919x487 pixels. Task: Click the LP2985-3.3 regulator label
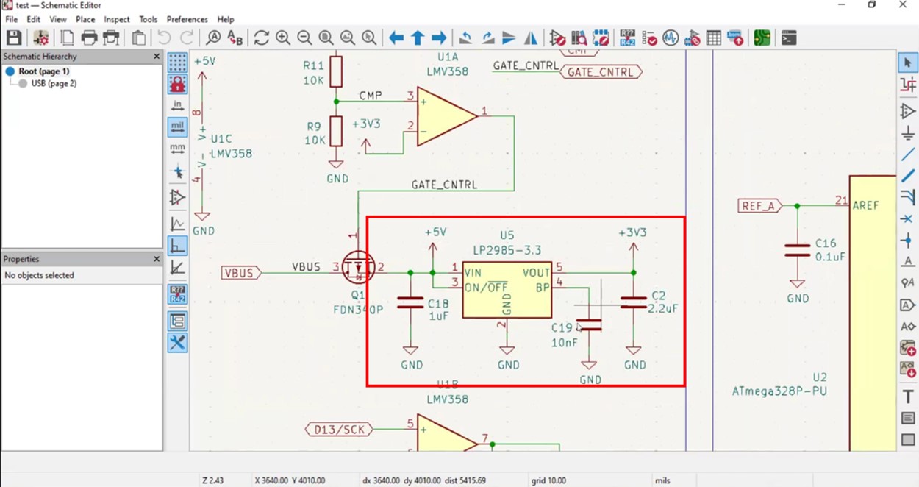pos(507,251)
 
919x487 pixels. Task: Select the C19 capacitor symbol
pos(589,325)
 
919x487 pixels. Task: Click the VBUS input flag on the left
pos(241,273)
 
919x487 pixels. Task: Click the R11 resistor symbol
pos(336,71)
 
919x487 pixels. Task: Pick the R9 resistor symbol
pos(336,131)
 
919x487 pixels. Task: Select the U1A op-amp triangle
pos(445,115)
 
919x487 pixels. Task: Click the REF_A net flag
pos(759,206)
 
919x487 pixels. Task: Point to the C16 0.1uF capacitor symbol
pos(797,251)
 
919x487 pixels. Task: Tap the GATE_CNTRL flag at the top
pos(600,72)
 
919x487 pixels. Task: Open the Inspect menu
pos(116,19)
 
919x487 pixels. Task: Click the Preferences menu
pos(187,19)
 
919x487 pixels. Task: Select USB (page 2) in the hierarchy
pos(53,84)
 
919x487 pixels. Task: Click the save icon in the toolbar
pos(14,38)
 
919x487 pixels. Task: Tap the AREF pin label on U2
pos(865,206)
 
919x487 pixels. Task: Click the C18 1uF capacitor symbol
pos(410,302)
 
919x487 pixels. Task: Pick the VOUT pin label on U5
pos(536,273)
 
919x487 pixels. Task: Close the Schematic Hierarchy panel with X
pos(157,56)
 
